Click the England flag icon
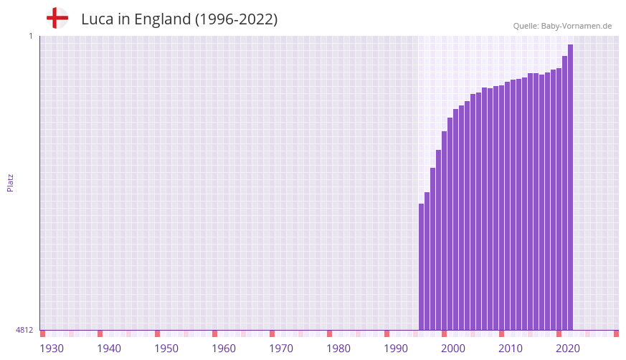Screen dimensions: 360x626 [x=57, y=18]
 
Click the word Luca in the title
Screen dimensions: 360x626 [x=97, y=19]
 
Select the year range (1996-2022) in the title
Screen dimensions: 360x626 [x=236, y=19]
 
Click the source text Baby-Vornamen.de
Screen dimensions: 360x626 [x=577, y=26]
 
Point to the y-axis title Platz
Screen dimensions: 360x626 [x=10, y=182]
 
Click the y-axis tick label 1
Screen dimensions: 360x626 [x=30, y=36]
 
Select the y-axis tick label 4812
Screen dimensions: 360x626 [x=24, y=331]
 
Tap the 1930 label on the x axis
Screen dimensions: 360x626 [x=52, y=349]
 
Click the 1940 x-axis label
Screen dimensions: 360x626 [x=109, y=349]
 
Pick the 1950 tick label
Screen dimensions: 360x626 [x=166, y=349]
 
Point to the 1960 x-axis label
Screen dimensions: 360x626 [x=224, y=349]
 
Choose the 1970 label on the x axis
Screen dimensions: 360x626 [x=281, y=349]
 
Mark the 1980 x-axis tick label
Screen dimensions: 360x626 [x=338, y=349]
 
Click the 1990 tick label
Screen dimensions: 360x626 [x=396, y=349]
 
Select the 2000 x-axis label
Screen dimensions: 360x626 [x=453, y=349]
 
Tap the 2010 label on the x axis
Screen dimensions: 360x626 [x=511, y=349]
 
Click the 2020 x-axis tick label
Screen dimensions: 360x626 [x=568, y=349]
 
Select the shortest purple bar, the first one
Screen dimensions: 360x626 [x=422, y=267]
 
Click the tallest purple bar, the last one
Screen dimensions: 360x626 [x=570, y=186]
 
